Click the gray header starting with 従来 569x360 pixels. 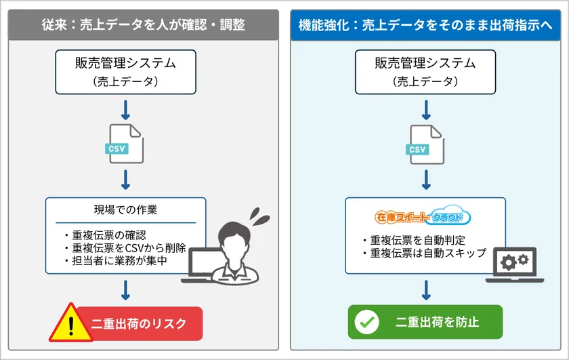(142, 25)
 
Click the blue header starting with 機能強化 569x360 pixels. (425, 25)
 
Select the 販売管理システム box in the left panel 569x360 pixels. (125, 71)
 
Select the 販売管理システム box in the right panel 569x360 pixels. (425, 71)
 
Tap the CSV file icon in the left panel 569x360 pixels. (125, 142)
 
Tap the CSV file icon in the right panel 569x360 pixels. (425, 142)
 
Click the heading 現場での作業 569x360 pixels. (125, 210)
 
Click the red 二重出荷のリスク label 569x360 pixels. (139, 323)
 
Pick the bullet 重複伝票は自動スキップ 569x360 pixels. (423, 252)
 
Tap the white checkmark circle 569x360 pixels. (367, 322)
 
